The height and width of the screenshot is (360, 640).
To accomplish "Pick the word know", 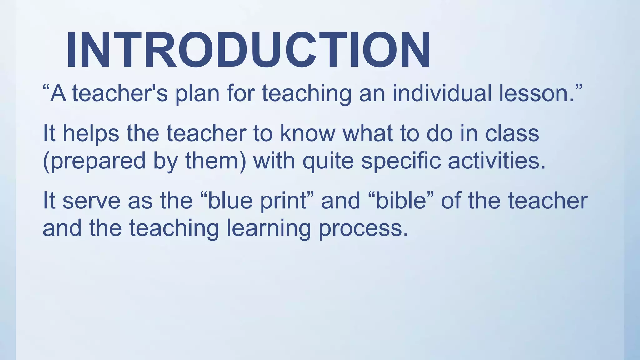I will pyautogui.click(x=307, y=133).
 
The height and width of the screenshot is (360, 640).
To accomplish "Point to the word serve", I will pyautogui.click(x=91, y=201).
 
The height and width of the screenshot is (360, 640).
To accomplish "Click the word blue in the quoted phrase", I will pyautogui.click(x=230, y=201).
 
